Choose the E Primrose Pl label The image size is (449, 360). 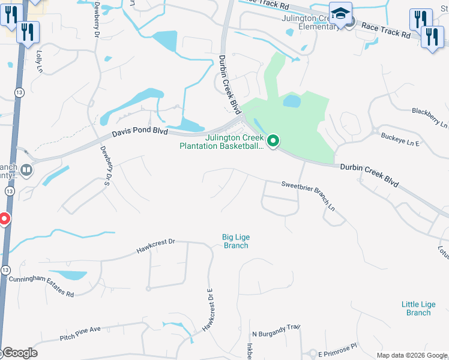point(337,347)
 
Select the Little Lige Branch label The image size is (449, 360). point(418,308)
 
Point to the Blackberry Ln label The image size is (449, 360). point(430,116)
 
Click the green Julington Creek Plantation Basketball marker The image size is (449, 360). point(273,142)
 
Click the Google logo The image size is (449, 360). point(20,353)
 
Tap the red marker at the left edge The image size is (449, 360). point(4,219)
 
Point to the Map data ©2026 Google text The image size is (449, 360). point(411,355)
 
